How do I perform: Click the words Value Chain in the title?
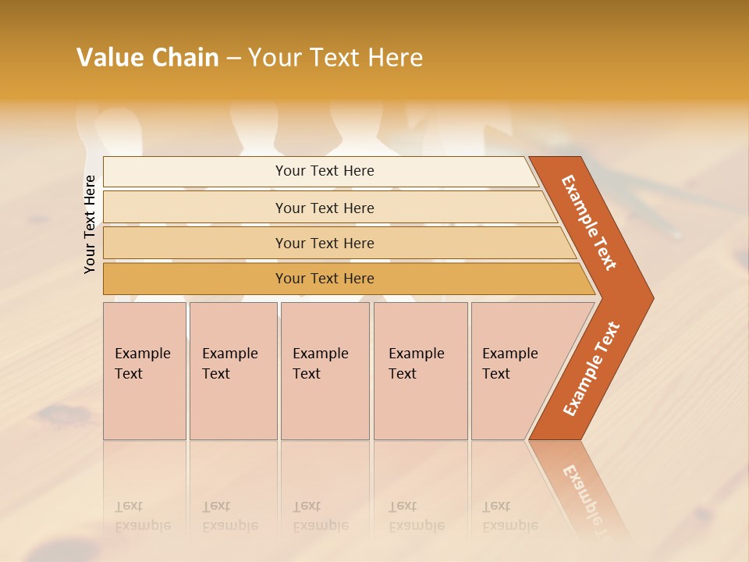point(147,58)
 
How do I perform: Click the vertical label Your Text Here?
point(90,224)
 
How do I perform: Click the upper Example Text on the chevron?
point(589,222)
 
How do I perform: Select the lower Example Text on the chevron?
point(591,369)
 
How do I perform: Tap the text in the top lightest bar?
point(325,171)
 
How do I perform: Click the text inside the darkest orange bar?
point(325,279)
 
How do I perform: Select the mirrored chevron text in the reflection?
point(586,496)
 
